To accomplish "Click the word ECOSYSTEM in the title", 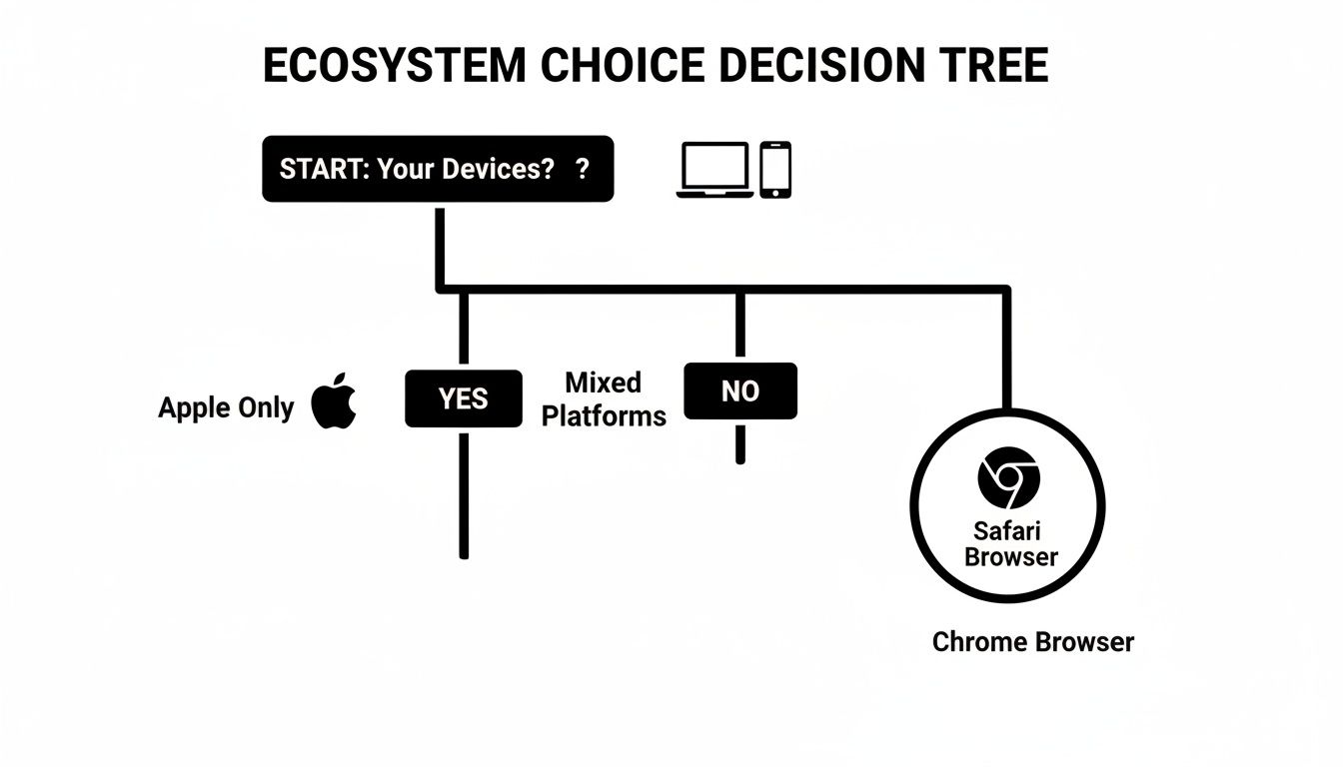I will point(394,66).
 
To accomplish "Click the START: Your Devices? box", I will point(438,169).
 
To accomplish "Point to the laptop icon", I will point(714,170).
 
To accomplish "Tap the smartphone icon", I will point(775,170).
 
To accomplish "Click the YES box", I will point(463,398).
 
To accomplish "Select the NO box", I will point(740,391).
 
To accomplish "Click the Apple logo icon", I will point(334,402).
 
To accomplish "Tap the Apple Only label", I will point(226,407).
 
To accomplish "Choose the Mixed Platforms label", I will point(604,398).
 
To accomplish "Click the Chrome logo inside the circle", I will point(1008,477).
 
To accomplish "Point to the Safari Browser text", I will point(1010,544).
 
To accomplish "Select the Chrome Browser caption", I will point(1033,641).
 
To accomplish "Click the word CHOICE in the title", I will point(613,66).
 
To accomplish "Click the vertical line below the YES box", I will point(464,494).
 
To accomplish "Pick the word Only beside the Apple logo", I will point(266,407).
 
